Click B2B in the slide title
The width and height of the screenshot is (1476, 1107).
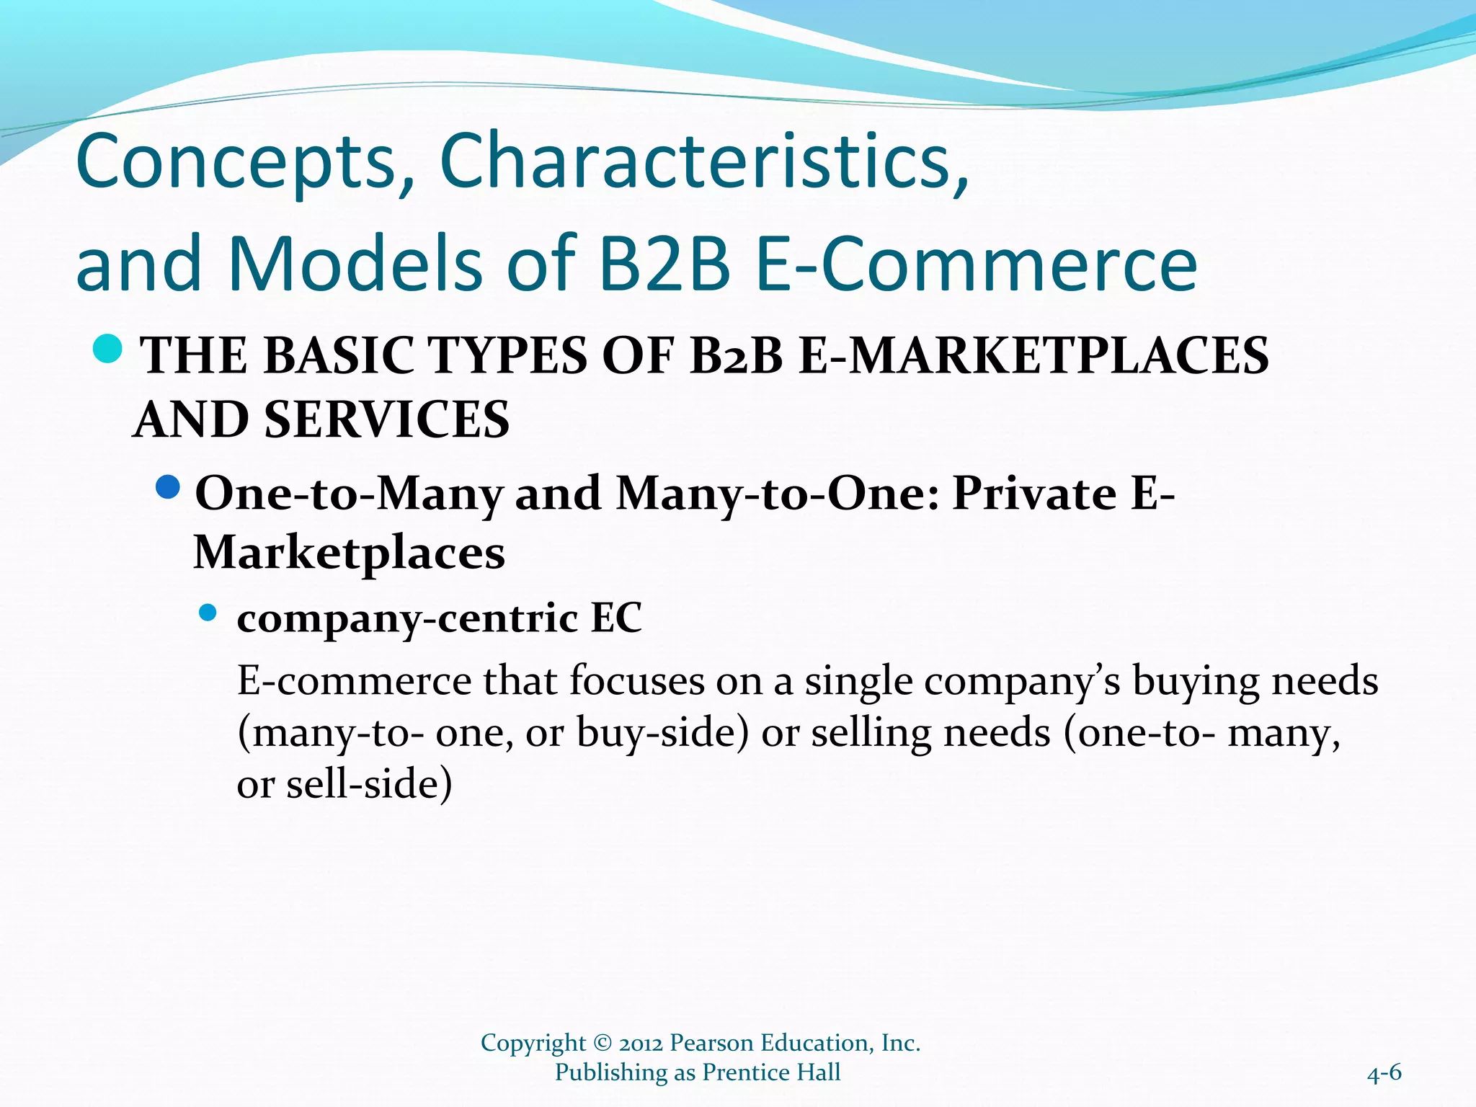pyautogui.click(x=664, y=264)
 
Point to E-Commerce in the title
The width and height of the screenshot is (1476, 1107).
pyautogui.click(x=977, y=264)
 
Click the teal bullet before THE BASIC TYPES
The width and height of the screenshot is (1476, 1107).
pyautogui.click(x=108, y=350)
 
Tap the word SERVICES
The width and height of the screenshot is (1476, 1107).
pyautogui.click(x=387, y=419)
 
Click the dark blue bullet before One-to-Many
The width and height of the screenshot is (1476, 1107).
pyautogui.click(x=169, y=488)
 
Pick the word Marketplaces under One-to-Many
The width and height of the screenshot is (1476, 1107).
pyautogui.click(x=350, y=553)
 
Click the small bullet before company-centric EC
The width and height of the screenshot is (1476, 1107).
pyautogui.click(x=208, y=613)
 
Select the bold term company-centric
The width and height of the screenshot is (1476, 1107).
pyautogui.click(x=408, y=618)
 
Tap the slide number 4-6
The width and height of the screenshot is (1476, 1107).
pyautogui.click(x=1384, y=1073)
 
